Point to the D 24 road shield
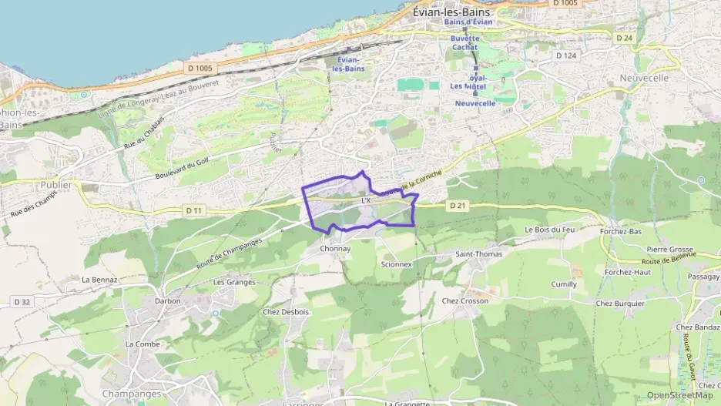pos(624,37)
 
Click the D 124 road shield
pos(566,55)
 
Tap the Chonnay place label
pos(335,249)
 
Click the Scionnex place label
pos(397,263)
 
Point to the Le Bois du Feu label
pos(549,230)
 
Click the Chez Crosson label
pos(465,300)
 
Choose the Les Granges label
pos(234,281)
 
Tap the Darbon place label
pos(167,300)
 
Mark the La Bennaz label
pos(99,279)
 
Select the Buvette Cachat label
pos(464,42)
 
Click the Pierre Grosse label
pos(670,250)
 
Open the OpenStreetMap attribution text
pos(679,395)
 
